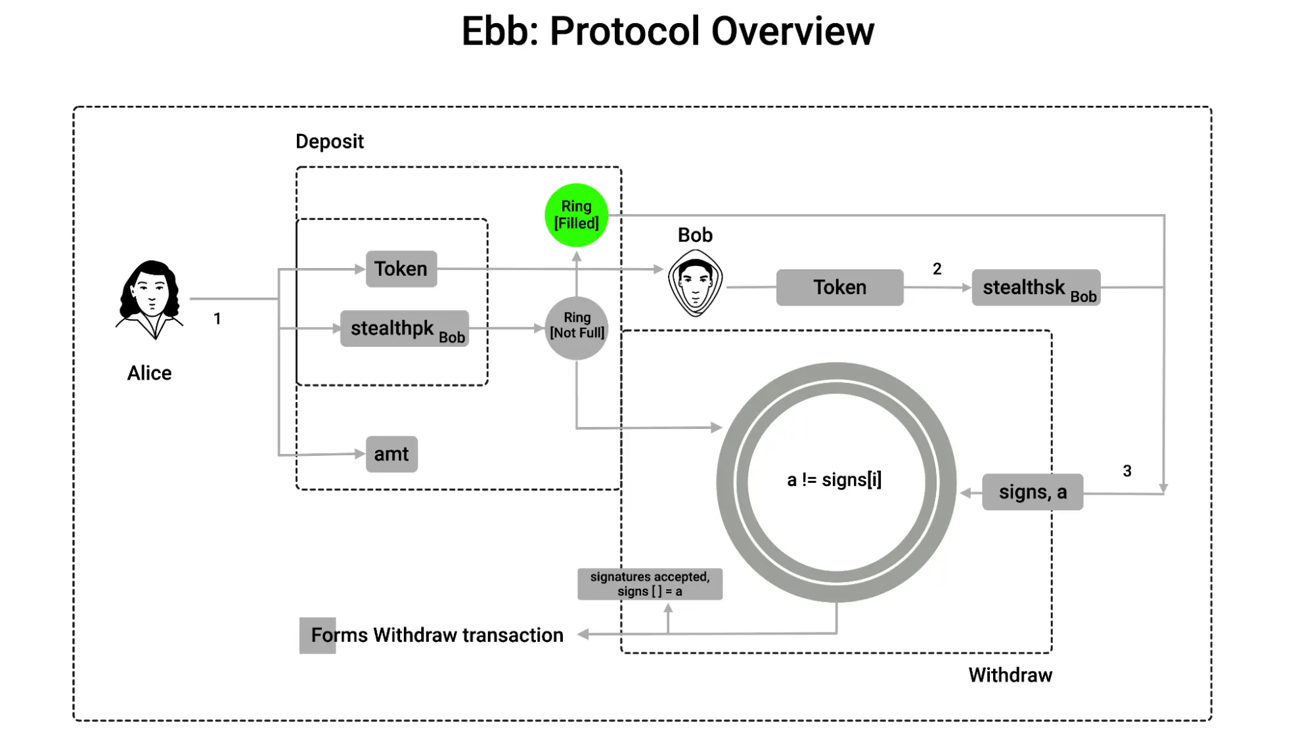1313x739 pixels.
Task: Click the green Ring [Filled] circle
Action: point(576,215)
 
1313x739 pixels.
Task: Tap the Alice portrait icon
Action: point(150,299)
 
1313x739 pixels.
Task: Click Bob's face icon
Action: point(695,283)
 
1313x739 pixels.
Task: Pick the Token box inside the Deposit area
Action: point(401,269)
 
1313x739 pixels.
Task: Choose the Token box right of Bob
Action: point(839,287)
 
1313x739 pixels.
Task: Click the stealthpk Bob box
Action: point(405,328)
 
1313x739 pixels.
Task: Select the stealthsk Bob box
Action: point(1036,288)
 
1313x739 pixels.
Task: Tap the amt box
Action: point(391,454)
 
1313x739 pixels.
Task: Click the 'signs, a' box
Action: point(1032,492)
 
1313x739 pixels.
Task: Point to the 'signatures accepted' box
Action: point(650,584)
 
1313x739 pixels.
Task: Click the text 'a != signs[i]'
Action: point(834,480)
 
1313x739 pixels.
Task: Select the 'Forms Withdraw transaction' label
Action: point(437,635)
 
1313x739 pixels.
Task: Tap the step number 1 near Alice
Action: point(217,319)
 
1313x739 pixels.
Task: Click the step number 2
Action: point(937,269)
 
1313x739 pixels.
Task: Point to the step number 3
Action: point(1127,471)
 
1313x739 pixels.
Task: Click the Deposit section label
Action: point(329,141)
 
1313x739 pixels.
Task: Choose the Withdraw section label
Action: point(1010,675)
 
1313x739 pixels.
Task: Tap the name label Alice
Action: point(149,373)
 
